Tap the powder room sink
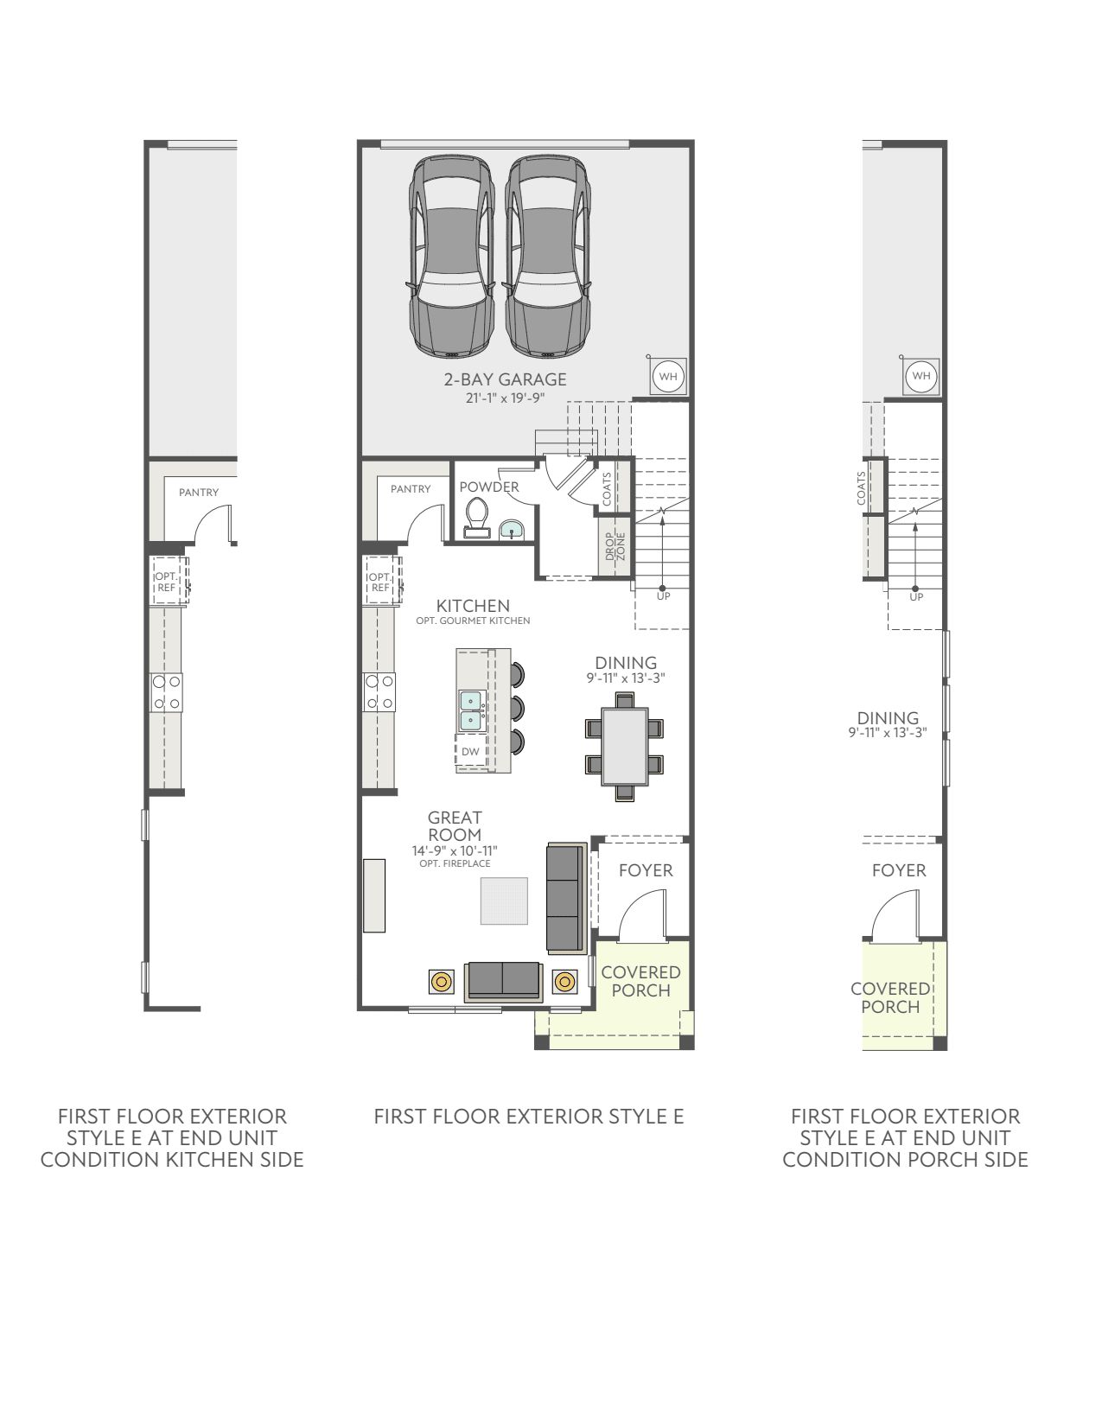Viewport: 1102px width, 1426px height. point(512,529)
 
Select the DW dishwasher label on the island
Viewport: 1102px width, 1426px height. point(470,751)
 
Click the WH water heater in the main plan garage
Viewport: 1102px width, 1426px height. point(668,377)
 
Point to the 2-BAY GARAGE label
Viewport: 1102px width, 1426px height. point(505,379)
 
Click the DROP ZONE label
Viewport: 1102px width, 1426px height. point(615,546)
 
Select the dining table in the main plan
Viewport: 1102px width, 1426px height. point(624,746)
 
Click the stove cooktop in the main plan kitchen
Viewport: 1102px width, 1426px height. point(380,692)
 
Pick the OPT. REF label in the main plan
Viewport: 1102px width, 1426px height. point(380,582)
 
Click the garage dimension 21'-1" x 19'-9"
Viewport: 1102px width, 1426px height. point(505,398)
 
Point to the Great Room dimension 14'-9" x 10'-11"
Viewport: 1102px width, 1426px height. point(454,851)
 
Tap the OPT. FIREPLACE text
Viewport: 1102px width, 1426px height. point(455,863)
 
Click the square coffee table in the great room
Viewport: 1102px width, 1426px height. point(504,901)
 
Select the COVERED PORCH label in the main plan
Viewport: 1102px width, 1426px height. point(641,982)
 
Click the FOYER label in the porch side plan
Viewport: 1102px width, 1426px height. point(899,871)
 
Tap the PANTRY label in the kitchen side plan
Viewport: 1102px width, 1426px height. point(199,492)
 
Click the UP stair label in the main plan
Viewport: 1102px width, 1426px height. point(663,596)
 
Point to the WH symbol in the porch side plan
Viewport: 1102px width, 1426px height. point(921,376)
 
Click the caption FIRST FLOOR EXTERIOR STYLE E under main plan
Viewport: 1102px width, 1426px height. point(529,1117)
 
